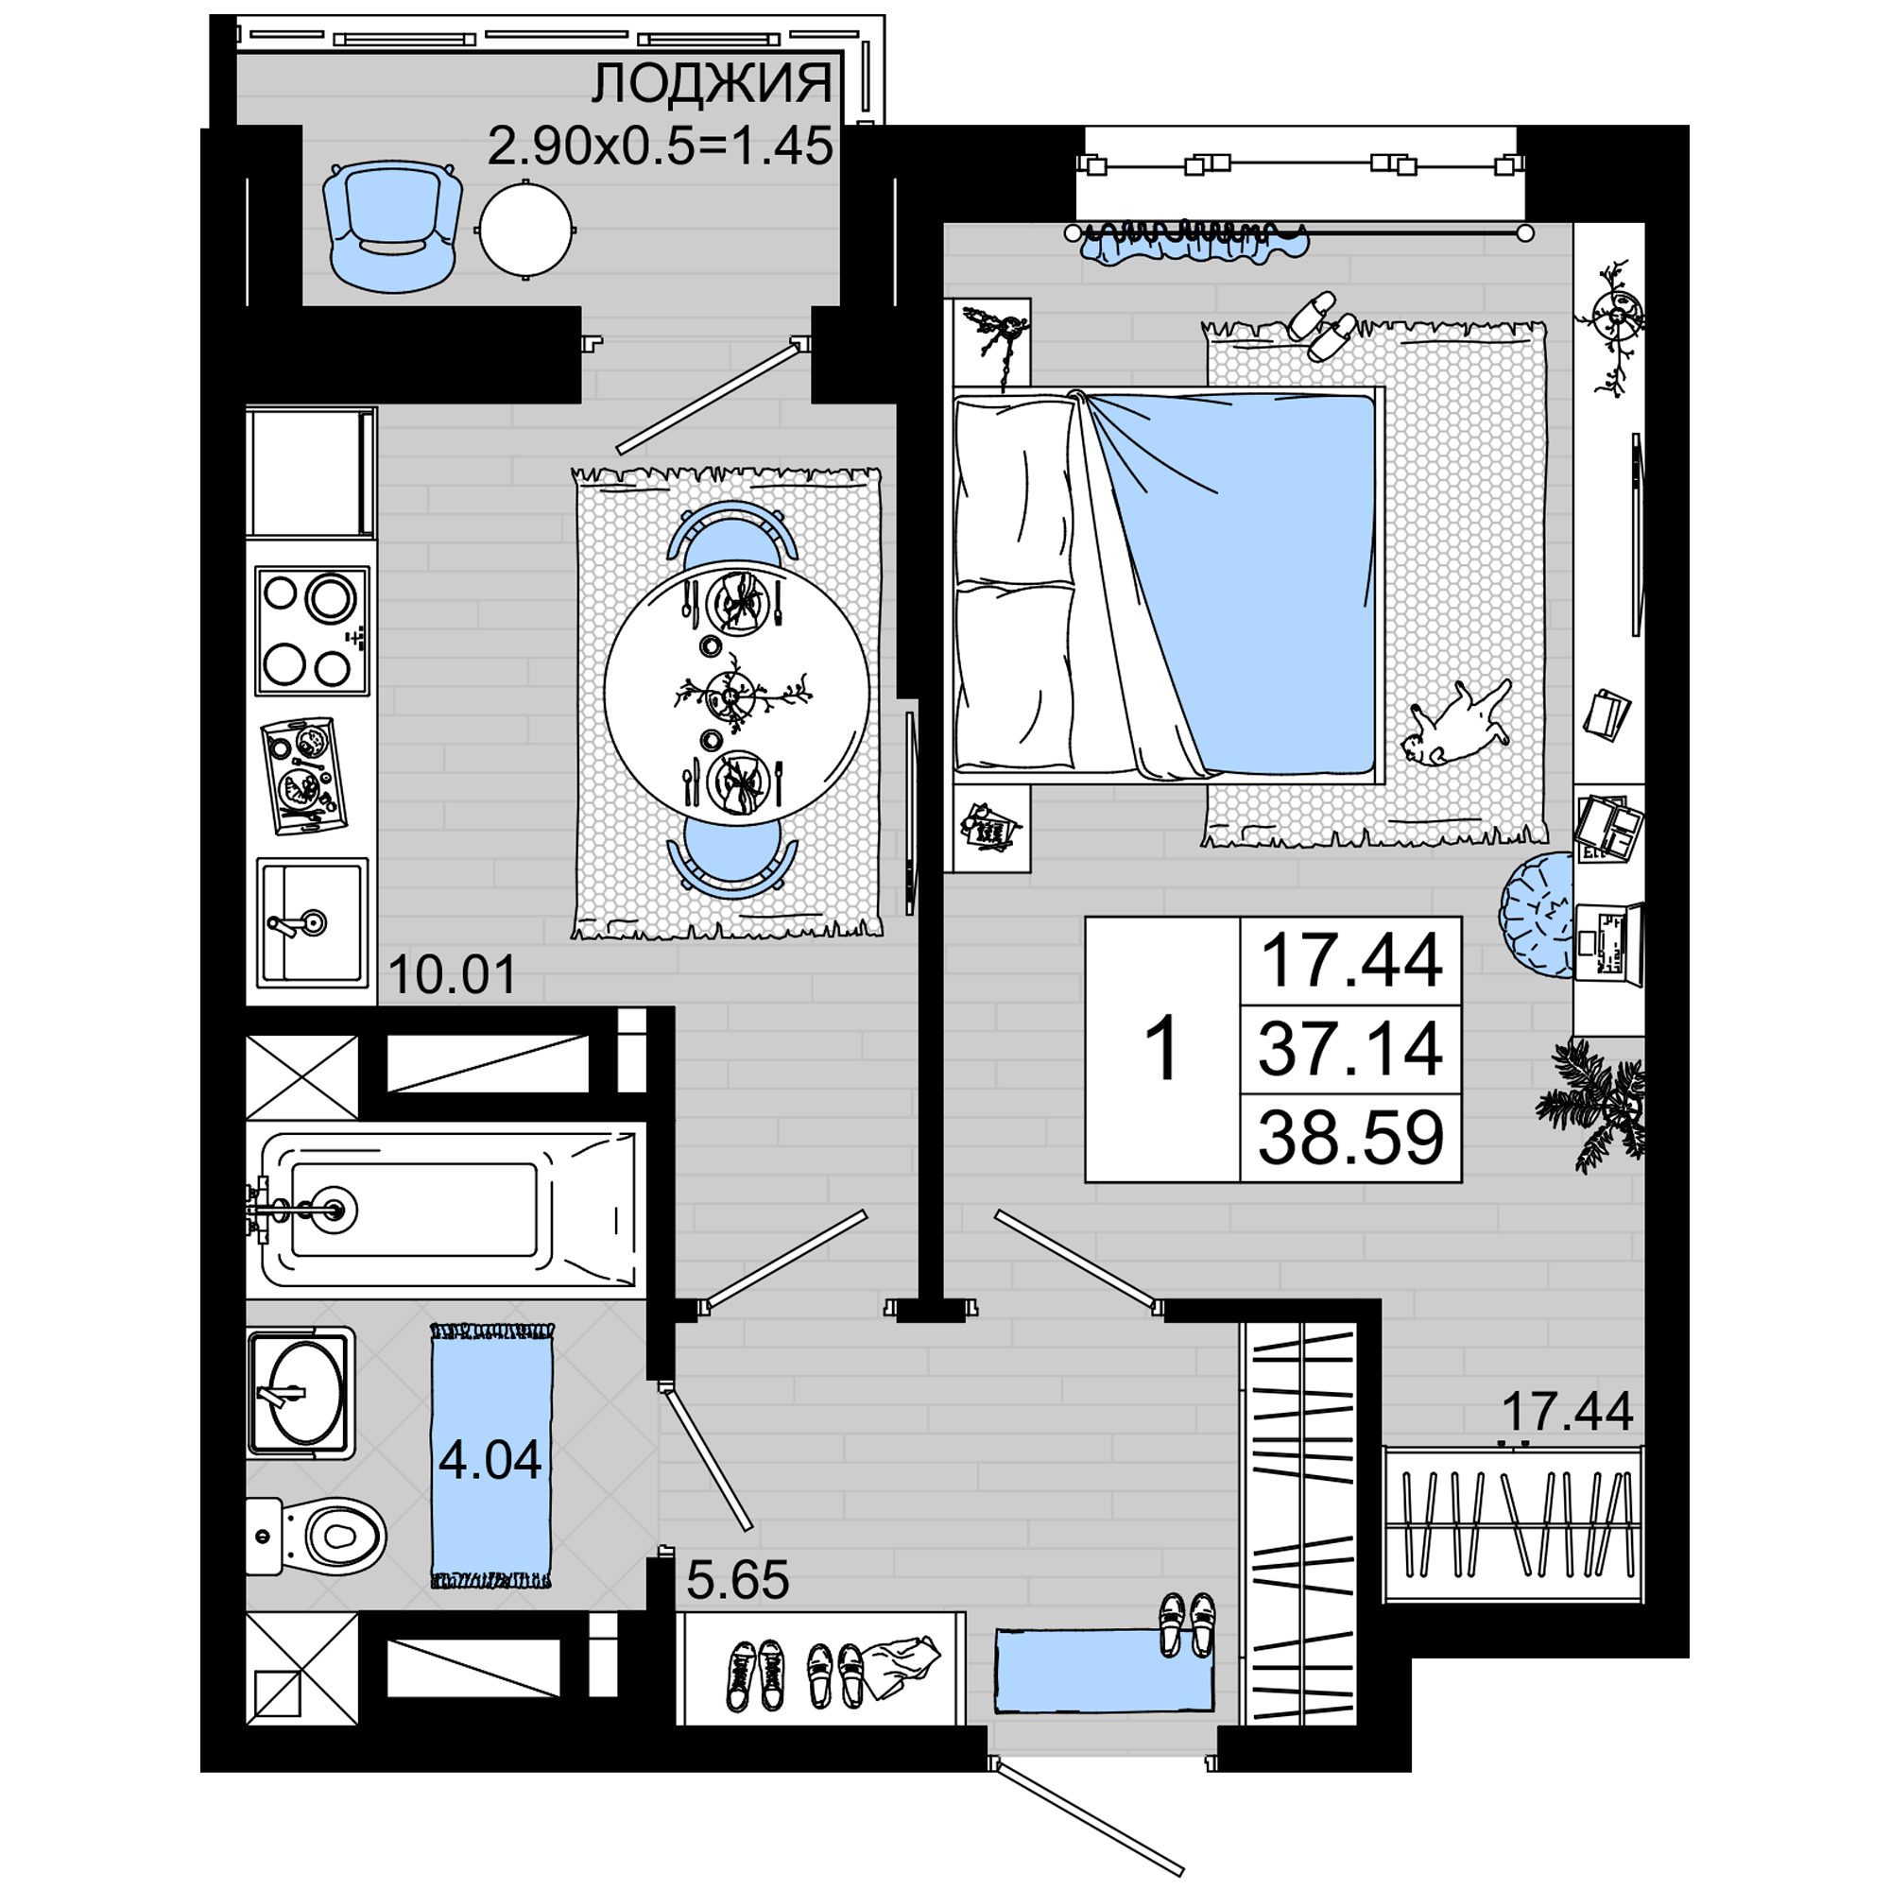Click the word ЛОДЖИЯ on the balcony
click(712, 84)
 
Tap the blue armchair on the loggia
click(393, 226)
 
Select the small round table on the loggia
click(525, 231)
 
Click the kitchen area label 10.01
click(452, 975)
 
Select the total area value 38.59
click(1350, 1137)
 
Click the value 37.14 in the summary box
click(1350, 1048)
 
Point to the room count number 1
click(1163, 1049)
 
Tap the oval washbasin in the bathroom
click(300, 1390)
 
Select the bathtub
click(446, 1211)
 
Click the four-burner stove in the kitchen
click(312, 631)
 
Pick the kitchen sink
click(312, 921)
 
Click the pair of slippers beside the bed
click(1323, 326)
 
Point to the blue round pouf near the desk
click(1536, 915)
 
